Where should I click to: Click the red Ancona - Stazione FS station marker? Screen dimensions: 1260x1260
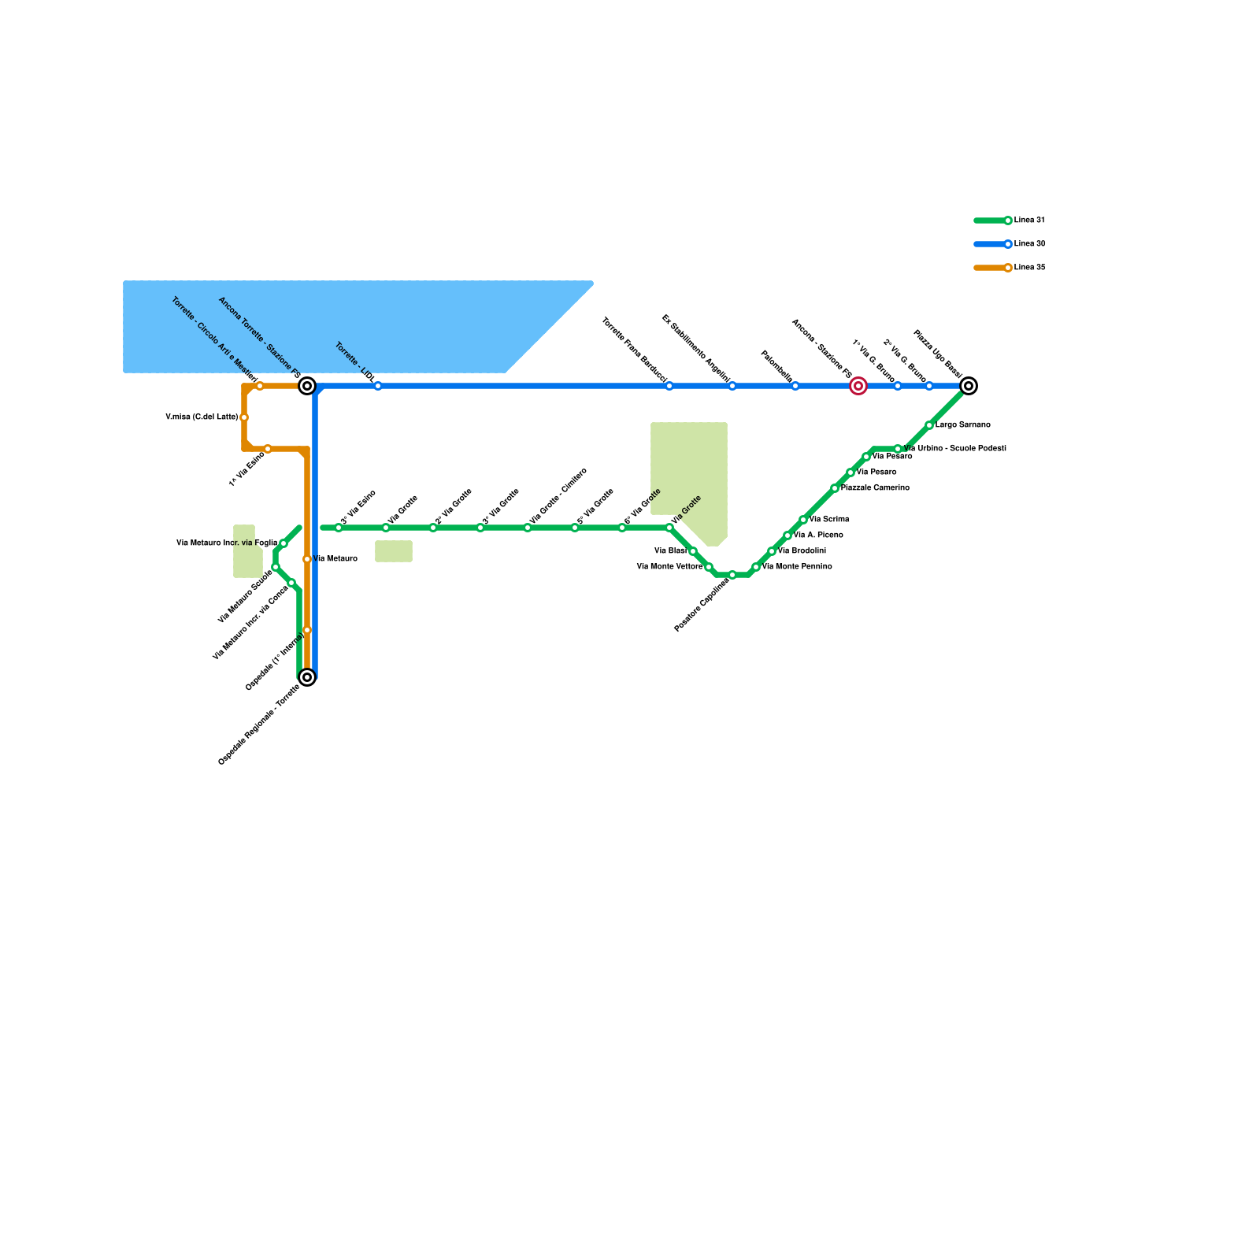pyautogui.click(x=858, y=386)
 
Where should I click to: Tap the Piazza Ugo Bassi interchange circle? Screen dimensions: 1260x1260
pyautogui.click(x=969, y=386)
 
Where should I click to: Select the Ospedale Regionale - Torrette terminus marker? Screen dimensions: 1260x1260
pyautogui.click(x=307, y=677)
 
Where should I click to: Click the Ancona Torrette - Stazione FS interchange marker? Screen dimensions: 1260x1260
pyautogui.click(x=307, y=386)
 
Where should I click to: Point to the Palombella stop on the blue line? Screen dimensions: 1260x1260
pyautogui.click(x=795, y=386)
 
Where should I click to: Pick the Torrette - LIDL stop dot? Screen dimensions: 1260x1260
pyautogui.click(x=378, y=386)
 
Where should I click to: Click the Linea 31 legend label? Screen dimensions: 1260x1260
pyautogui.click(x=1029, y=220)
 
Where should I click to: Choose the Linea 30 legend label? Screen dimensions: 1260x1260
pyautogui.click(x=1029, y=244)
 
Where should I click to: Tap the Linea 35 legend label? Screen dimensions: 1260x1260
pyautogui.click(x=1029, y=268)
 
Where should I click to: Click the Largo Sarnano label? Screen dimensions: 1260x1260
pyautogui.click(x=962, y=425)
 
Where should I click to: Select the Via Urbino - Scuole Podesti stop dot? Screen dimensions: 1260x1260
pyautogui.click(x=898, y=449)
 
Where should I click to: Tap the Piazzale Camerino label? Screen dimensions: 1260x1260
pyautogui.click(x=875, y=488)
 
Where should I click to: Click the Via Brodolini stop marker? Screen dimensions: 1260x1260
pyautogui.click(x=772, y=551)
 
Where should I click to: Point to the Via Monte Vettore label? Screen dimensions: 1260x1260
pyautogui.click(x=669, y=567)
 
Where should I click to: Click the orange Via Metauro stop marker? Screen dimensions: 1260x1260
pyautogui.click(x=307, y=559)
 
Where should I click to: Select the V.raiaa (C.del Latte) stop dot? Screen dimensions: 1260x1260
pyautogui.click(x=244, y=417)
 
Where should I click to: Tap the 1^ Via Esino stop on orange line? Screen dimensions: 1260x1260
pyautogui.click(x=268, y=449)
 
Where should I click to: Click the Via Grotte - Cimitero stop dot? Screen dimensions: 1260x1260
pyautogui.click(x=528, y=528)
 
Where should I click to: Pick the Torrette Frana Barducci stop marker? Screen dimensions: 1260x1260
pyautogui.click(x=669, y=386)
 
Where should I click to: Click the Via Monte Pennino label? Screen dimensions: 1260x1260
pyautogui.click(x=797, y=567)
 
